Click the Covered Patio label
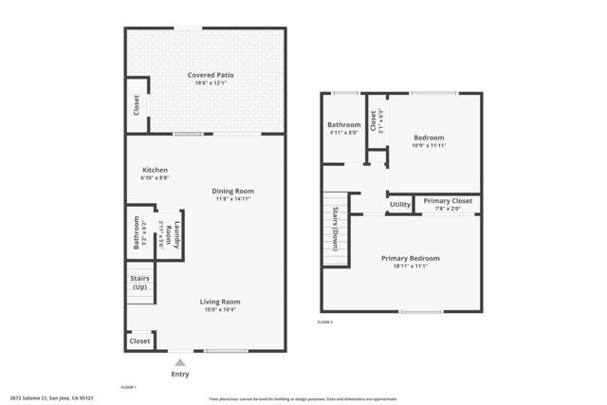210,74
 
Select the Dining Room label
232,191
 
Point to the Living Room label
219,302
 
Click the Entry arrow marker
180,361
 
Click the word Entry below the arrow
180,374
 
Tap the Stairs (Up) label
139,283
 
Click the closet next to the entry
139,341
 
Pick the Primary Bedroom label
410,258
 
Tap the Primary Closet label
448,201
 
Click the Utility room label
399,204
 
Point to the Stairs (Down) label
335,228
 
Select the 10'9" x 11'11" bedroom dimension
429,146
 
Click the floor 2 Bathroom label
344,125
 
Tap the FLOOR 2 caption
324,322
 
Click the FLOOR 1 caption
129,387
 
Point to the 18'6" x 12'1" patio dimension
210,83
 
